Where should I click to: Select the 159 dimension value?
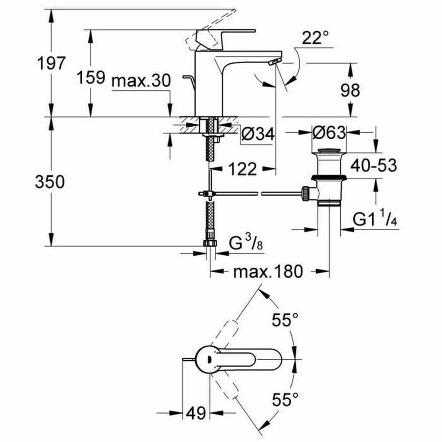click(x=91, y=77)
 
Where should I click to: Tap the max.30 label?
click(x=141, y=81)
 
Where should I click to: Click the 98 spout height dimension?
click(x=350, y=90)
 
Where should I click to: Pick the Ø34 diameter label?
click(x=258, y=134)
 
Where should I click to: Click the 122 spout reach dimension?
click(x=242, y=169)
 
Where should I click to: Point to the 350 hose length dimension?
click(x=50, y=182)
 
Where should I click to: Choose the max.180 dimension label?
click(x=268, y=272)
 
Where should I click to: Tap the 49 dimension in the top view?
click(x=196, y=413)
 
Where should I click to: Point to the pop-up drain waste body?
click(x=329, y=173)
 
